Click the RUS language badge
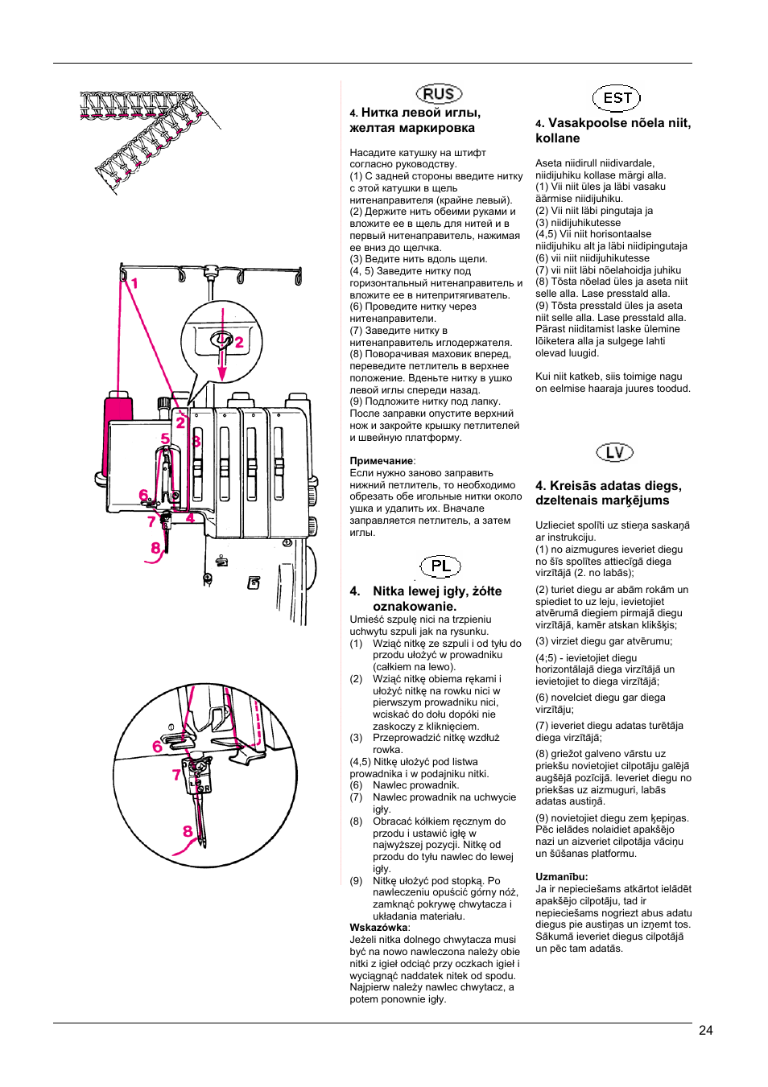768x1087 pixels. click(439, 94)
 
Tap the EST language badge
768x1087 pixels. click(617, 98)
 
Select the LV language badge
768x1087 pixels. click(615, 452)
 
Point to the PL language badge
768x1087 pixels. click(440, 566)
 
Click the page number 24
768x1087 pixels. click(706, 1030)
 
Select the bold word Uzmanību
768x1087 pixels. click(561, 877)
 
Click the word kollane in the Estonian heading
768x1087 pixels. click(557, 138)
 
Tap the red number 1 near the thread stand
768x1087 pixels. click(134, 283)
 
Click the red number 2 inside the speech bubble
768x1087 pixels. click(239, 342)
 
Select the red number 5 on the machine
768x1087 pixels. click(165, 439)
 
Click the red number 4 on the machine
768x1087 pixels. click(190, 517)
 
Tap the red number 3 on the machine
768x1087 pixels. click(196, 441)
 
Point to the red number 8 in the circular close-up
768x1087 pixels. click(188, 831)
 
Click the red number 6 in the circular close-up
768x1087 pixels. click(158, 747)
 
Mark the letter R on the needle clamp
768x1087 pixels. click(207, 788)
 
